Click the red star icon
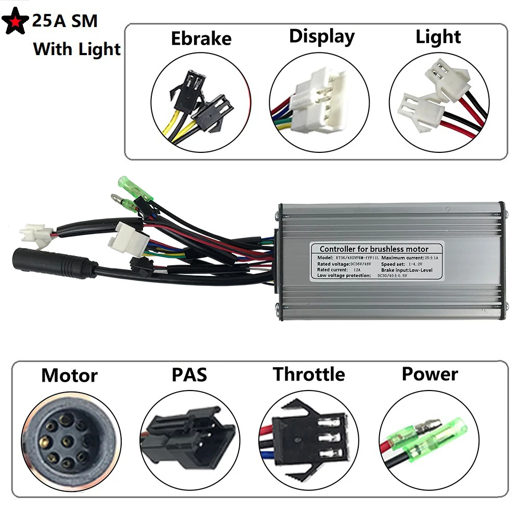(16, 21)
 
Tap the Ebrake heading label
(201, 38)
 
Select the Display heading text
(322, 36)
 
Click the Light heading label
(438, 37)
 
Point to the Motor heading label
(69, 375)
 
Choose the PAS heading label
(189, 374)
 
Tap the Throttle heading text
(309, 374)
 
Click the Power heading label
(430, 374)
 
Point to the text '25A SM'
(65, 21)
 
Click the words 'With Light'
(76, 49)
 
